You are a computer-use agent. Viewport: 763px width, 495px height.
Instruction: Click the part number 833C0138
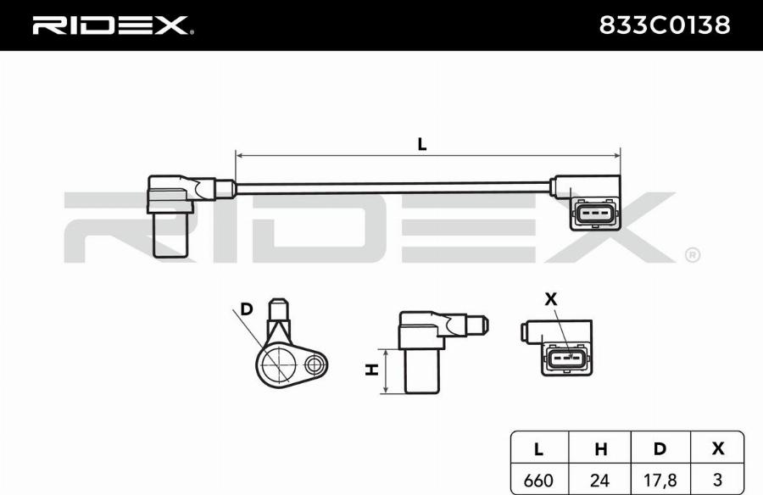point(664,25)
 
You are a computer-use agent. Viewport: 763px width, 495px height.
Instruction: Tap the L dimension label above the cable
point(421,143)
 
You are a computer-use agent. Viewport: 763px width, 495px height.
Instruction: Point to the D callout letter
point(247,309)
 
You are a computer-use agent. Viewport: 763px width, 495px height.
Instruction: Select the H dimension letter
point(370,370)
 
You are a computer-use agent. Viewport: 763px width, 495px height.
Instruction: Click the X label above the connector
point(552,298)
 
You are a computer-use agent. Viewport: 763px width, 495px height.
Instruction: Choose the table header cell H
point(599,449)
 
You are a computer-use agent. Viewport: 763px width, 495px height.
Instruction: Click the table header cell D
point(660,449)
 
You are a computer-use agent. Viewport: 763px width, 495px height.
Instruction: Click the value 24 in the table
point(599,481)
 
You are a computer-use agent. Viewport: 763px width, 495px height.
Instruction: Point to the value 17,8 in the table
point(660,481)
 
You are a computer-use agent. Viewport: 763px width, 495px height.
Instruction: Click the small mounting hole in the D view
point(315,365)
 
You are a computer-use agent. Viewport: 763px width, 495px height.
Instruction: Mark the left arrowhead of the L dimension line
point(239,156)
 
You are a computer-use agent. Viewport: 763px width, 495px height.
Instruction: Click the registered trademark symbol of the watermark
point(692,254)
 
